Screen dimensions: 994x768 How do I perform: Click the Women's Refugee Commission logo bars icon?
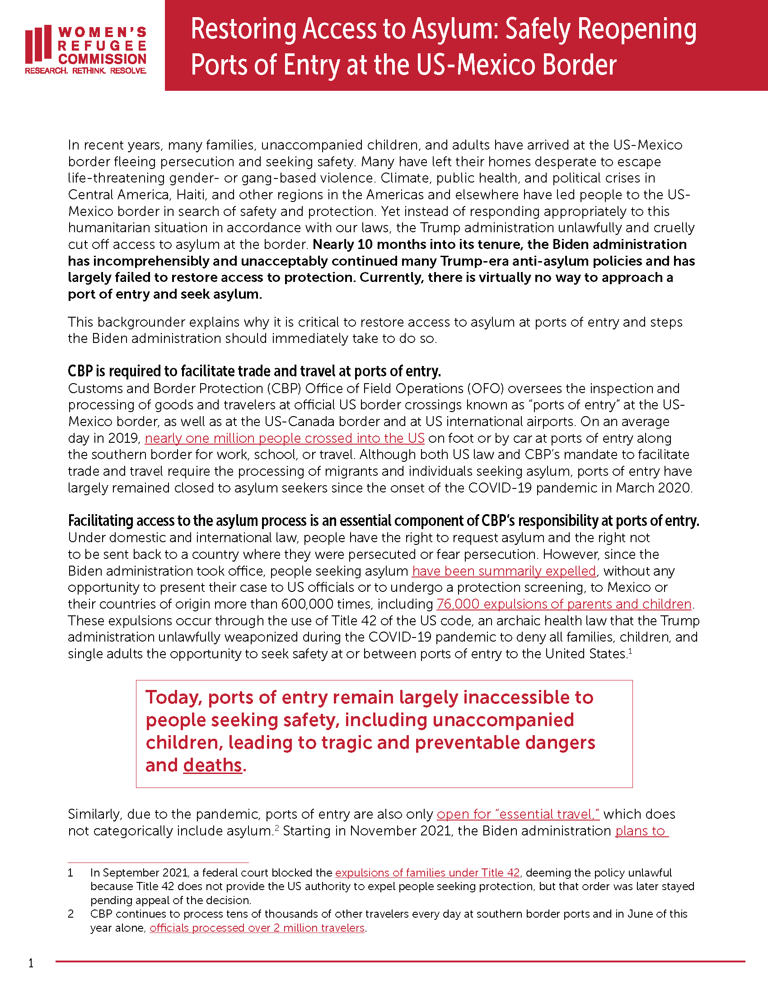pos(38,45)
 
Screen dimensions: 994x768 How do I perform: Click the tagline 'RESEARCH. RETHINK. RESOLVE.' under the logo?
pos(85,71)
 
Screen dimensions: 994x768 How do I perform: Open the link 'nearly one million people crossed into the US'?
pos(284,438)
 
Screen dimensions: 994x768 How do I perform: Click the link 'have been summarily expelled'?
pos(504,571)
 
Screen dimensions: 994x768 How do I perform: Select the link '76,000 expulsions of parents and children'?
pos(564,604)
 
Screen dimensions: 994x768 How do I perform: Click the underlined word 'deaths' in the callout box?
pos(212,765)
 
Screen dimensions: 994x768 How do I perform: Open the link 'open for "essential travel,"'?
pos(518,814)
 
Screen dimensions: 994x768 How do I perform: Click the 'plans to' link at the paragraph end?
pos(641,831)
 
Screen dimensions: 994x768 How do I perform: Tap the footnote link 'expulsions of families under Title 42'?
pos(427,873)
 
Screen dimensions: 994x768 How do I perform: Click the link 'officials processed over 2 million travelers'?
pos(257,928)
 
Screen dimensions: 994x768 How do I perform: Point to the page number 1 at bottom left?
pos(31,963)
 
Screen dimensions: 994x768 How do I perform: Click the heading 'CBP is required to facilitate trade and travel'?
pos(254,371)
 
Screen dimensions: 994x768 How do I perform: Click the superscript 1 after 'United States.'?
pos(630,651)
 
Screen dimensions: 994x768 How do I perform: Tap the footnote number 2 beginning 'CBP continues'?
pos(70,914)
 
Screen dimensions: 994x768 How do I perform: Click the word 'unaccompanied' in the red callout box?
pos(503,721)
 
